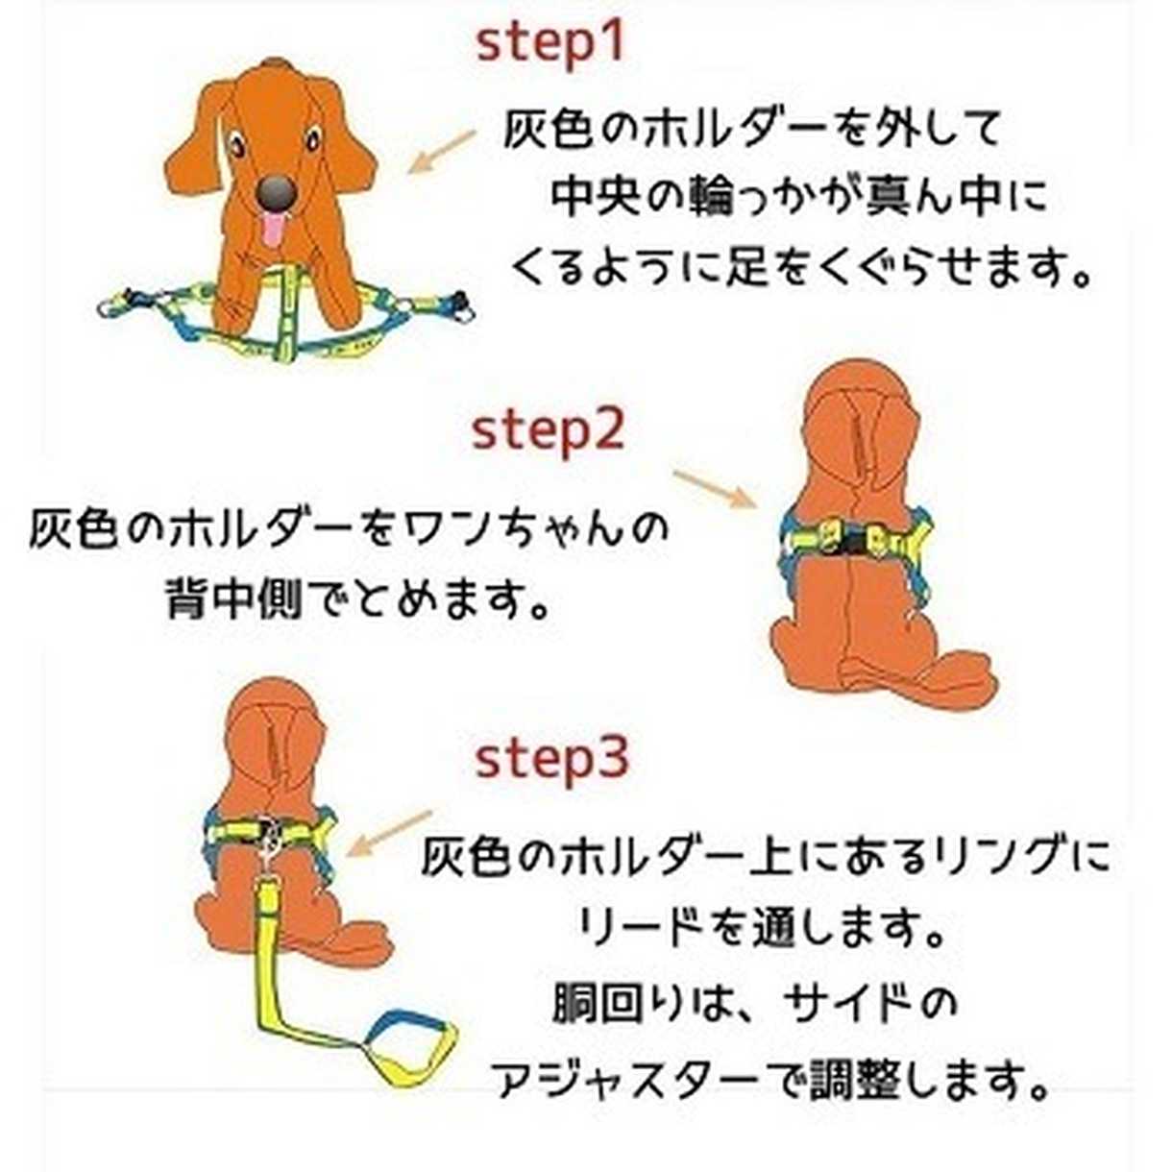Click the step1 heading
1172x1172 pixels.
point(550,45)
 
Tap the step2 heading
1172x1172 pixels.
point(549,432)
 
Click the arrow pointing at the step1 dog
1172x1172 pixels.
point(441,152)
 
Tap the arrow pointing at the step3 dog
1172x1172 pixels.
point(388,834)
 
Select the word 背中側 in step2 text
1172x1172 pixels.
point(234,597)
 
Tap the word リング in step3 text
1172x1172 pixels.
point(990,856)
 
